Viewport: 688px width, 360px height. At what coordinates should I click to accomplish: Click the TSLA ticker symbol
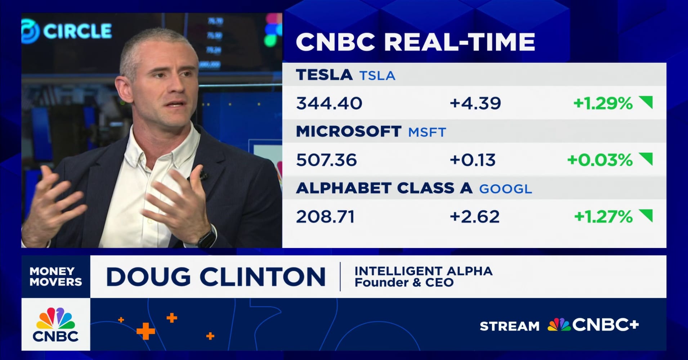click(x=377, y=76)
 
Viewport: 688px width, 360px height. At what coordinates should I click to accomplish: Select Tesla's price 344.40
click(x=329, y=103)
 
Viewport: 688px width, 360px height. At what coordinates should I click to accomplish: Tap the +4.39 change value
click(x=475, y=103)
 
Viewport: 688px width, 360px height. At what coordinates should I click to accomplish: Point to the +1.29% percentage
click(x=603, y=103)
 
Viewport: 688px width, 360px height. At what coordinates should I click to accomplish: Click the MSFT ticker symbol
click(x=427, y=132)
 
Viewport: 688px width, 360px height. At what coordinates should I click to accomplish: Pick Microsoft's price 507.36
click(x=326, y=160)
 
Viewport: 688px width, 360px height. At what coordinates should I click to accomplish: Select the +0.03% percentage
click(x=600, y=160)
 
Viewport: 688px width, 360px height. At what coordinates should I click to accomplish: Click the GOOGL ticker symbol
click(x=505, y=189)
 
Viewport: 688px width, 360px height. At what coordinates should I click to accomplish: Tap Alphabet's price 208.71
click(x=325, y=217)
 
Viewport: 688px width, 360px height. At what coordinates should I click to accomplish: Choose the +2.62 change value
click(x=474, y=217)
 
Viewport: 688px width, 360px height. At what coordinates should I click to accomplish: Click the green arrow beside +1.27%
click(x=646, y=215)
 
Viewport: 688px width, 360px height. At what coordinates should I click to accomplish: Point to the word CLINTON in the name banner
click(x=262, y=277)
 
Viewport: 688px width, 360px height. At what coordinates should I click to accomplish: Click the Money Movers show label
click(x=56, y=276)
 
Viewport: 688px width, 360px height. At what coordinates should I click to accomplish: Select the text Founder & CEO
click(x=404, y=283)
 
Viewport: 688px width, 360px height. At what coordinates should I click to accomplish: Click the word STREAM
click(x=509, y=326)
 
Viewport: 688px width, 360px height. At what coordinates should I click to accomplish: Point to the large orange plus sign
click(x=146, y=331)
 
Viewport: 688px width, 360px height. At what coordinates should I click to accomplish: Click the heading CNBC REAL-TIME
click(x=415, y=42)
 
